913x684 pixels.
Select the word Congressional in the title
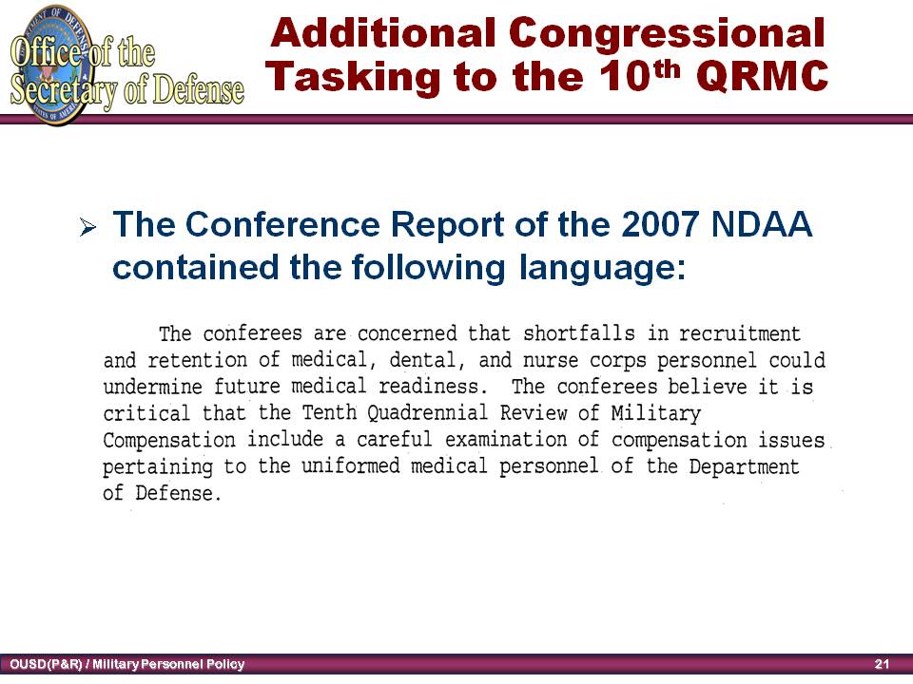click(667, 34)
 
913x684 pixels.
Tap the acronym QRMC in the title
click(762, 76)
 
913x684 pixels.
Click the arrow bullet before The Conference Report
click(87, 227)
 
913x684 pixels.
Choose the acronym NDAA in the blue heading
click(762, 224)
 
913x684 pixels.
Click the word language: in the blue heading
click(603, 269)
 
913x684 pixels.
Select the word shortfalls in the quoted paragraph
click(579, 333)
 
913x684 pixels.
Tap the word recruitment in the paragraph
click(740, 333)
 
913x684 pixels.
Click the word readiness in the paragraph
click(430, 387)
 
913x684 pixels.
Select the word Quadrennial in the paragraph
click(427, 413)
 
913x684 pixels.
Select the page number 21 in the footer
click(882, 664)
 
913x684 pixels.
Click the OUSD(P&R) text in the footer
click(46, 664)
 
